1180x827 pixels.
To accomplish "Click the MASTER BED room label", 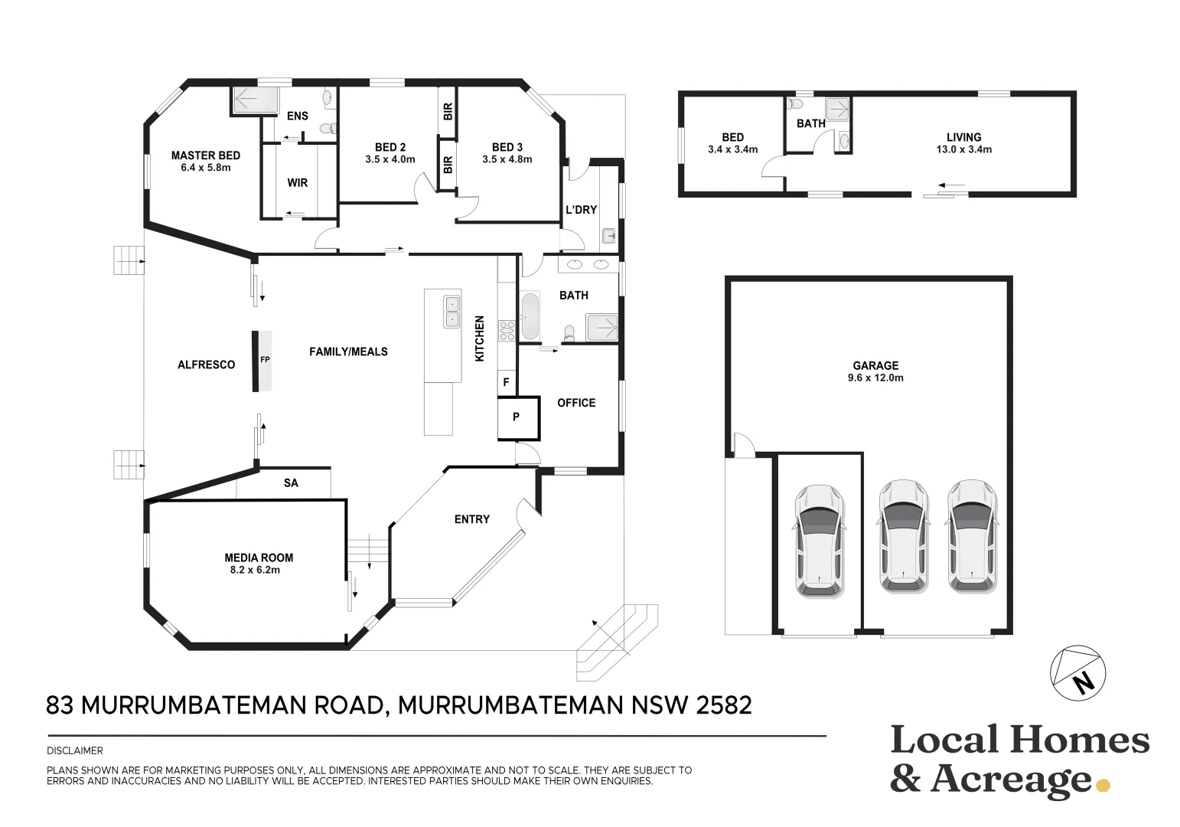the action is click(x=205, y=155).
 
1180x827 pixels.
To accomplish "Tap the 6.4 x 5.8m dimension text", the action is click(x=205, y=168).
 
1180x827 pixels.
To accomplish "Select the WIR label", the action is click(x=297, y=183).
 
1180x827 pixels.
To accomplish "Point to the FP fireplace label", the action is click(x=265, y=359).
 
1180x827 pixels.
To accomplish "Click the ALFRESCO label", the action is click(x=206, y=364).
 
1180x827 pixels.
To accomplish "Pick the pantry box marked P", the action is click(x=519, y=418).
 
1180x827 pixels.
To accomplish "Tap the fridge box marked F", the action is click(x=507, y=382).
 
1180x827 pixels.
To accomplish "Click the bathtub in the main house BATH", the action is click(x=530, y=316).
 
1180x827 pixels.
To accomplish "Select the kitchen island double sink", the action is click(x=452, y=312).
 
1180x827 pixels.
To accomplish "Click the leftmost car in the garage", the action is click(x=819, y=541).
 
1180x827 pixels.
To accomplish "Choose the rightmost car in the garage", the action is click(x=972, y=535).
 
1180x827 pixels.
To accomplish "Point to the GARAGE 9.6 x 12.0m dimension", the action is click(x=875, y=378).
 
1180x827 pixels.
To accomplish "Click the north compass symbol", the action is click(x=1077, y=673).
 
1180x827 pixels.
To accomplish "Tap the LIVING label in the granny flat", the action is click(x=963, y=137).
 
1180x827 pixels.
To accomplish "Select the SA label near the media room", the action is click(x=291, y=483).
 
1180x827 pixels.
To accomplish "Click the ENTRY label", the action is click(x=472, y=519).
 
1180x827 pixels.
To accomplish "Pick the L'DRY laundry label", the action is click(x=581, y=210).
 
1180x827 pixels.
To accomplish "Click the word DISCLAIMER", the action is click(x=75, y=750).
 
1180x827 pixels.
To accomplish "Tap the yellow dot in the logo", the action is click(x=1103, y=786).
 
